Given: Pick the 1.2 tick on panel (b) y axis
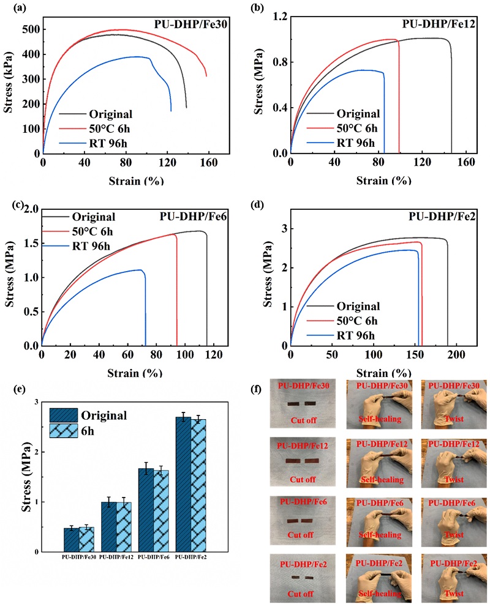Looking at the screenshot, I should [x=278, y=17].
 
